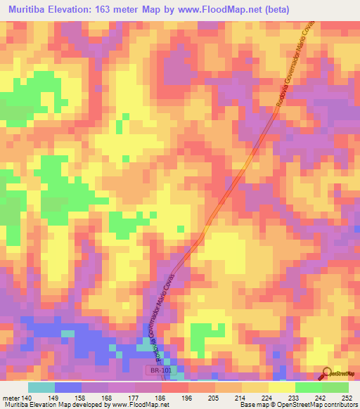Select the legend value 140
click(x=26, y=397)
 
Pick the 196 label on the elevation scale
click(x=188, y=397)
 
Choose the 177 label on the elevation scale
click(x=134, y=397)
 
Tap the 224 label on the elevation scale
click(x=268, y=397)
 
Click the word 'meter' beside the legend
click(x=10, y=397)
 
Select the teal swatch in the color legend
click(x=41, y=387)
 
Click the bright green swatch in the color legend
click(x=308, y=387)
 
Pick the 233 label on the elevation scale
click(x=295, y=397)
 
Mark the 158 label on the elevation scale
click(x=81, y=397)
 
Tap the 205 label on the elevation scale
click(x=214, y=397)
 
